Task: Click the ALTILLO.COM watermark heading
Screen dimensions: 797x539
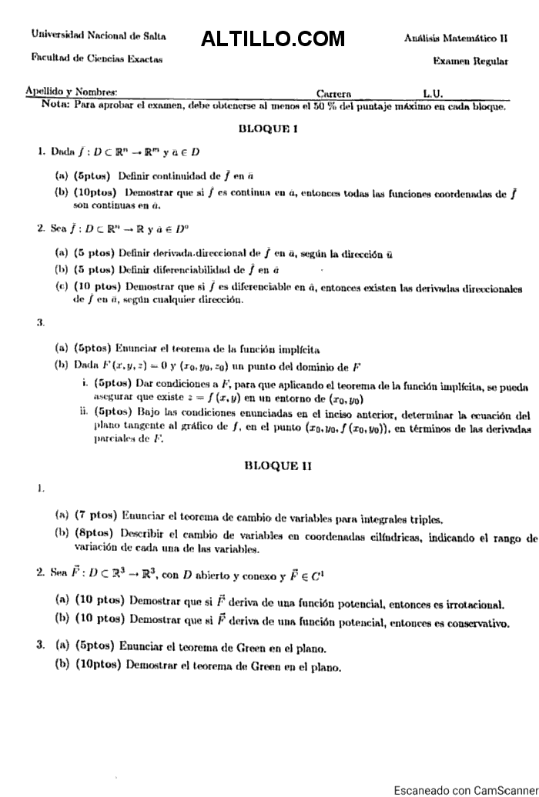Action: click(273, 38)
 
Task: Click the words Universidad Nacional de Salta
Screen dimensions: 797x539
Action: click(99, 35)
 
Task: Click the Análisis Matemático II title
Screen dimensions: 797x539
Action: click(456, 37)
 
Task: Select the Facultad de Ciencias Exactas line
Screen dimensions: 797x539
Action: click(97, 58)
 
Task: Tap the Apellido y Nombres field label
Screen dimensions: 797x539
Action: click(71, 91)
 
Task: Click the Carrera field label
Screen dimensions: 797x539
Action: click(333, 93)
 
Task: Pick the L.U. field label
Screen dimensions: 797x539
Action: click(433, 93)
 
